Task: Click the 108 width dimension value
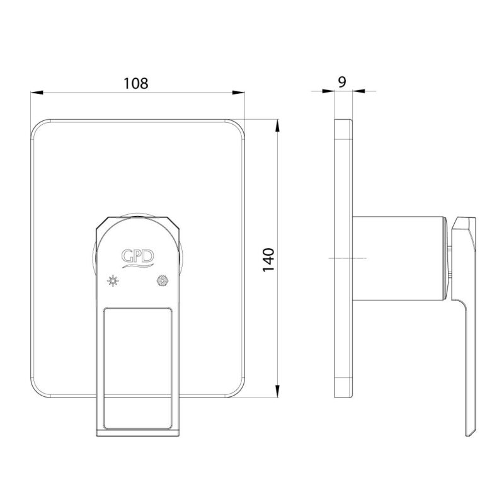coord(136,84)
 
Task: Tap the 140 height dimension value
coord(268,260)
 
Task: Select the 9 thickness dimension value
coord(342,82)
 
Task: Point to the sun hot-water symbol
coord(113,280)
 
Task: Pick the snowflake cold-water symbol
coord(163,280)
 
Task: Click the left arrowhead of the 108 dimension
coord(37,93)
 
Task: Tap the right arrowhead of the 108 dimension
coord(239,93)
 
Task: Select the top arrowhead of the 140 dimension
coord(278,125)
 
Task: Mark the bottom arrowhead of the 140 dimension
coord(278,391)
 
